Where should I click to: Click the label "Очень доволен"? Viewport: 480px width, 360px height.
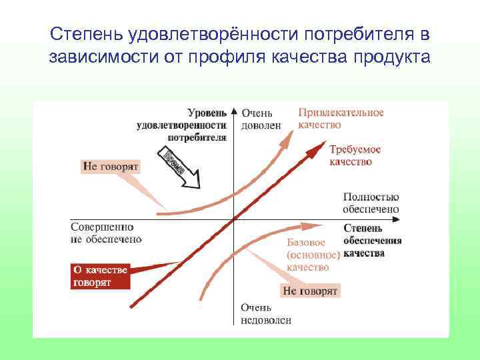click(x=261, y=119)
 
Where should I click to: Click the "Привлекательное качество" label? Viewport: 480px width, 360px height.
click(x=341, y=119)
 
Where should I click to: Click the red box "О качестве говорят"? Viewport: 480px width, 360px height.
click(x=100, y=276)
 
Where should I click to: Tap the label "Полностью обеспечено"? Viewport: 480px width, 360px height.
click(x=371, y=203)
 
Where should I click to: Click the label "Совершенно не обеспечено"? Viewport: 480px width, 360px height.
click(x=105, y=233)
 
